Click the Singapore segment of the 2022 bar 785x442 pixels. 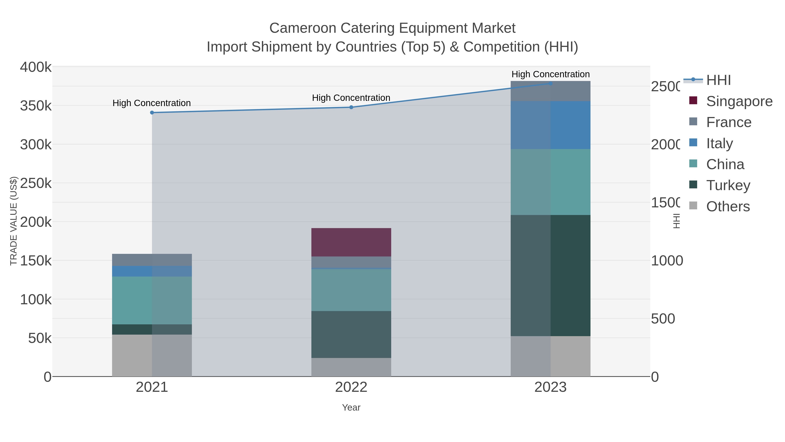[351, 242]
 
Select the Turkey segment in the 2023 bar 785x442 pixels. [550, 275]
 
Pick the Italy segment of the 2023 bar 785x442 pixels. [550, 125]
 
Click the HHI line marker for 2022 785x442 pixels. [351, 107]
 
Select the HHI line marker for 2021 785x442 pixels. [152, 113]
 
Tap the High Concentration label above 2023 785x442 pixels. [550, 74]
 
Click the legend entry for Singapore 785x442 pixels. [739, 101]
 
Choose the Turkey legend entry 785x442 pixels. [728, 185]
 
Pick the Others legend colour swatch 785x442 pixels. [693, 206]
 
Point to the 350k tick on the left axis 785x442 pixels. [36, 106]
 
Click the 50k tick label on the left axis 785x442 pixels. [40, 338]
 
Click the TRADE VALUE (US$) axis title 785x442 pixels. [14, 221]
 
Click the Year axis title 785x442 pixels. [351, 408]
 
